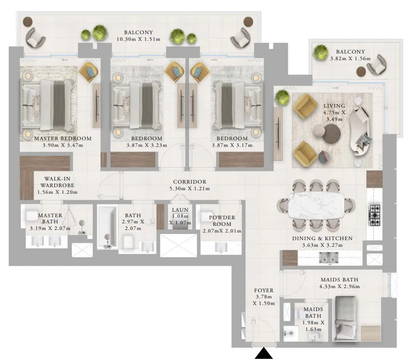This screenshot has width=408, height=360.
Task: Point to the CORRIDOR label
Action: click(189, 182)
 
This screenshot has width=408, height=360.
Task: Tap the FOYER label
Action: click(263, 291)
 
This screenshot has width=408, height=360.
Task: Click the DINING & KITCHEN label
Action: click(322, 238)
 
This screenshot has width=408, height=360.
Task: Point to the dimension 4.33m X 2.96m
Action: click(340, 287)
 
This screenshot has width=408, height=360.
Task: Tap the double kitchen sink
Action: click(327, 259)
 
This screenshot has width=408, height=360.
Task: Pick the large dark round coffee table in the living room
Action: click(332, 134)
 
